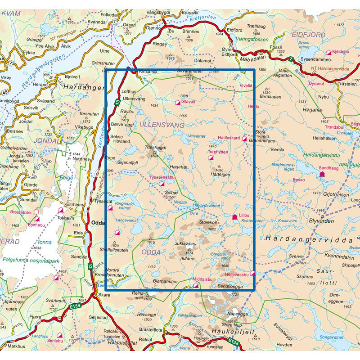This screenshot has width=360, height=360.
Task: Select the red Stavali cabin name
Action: (187, 103)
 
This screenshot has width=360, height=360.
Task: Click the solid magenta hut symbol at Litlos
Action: (234, 217)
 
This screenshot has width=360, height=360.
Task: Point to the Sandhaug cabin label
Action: (328, 168)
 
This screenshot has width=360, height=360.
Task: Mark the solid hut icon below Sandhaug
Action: (322, 173)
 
